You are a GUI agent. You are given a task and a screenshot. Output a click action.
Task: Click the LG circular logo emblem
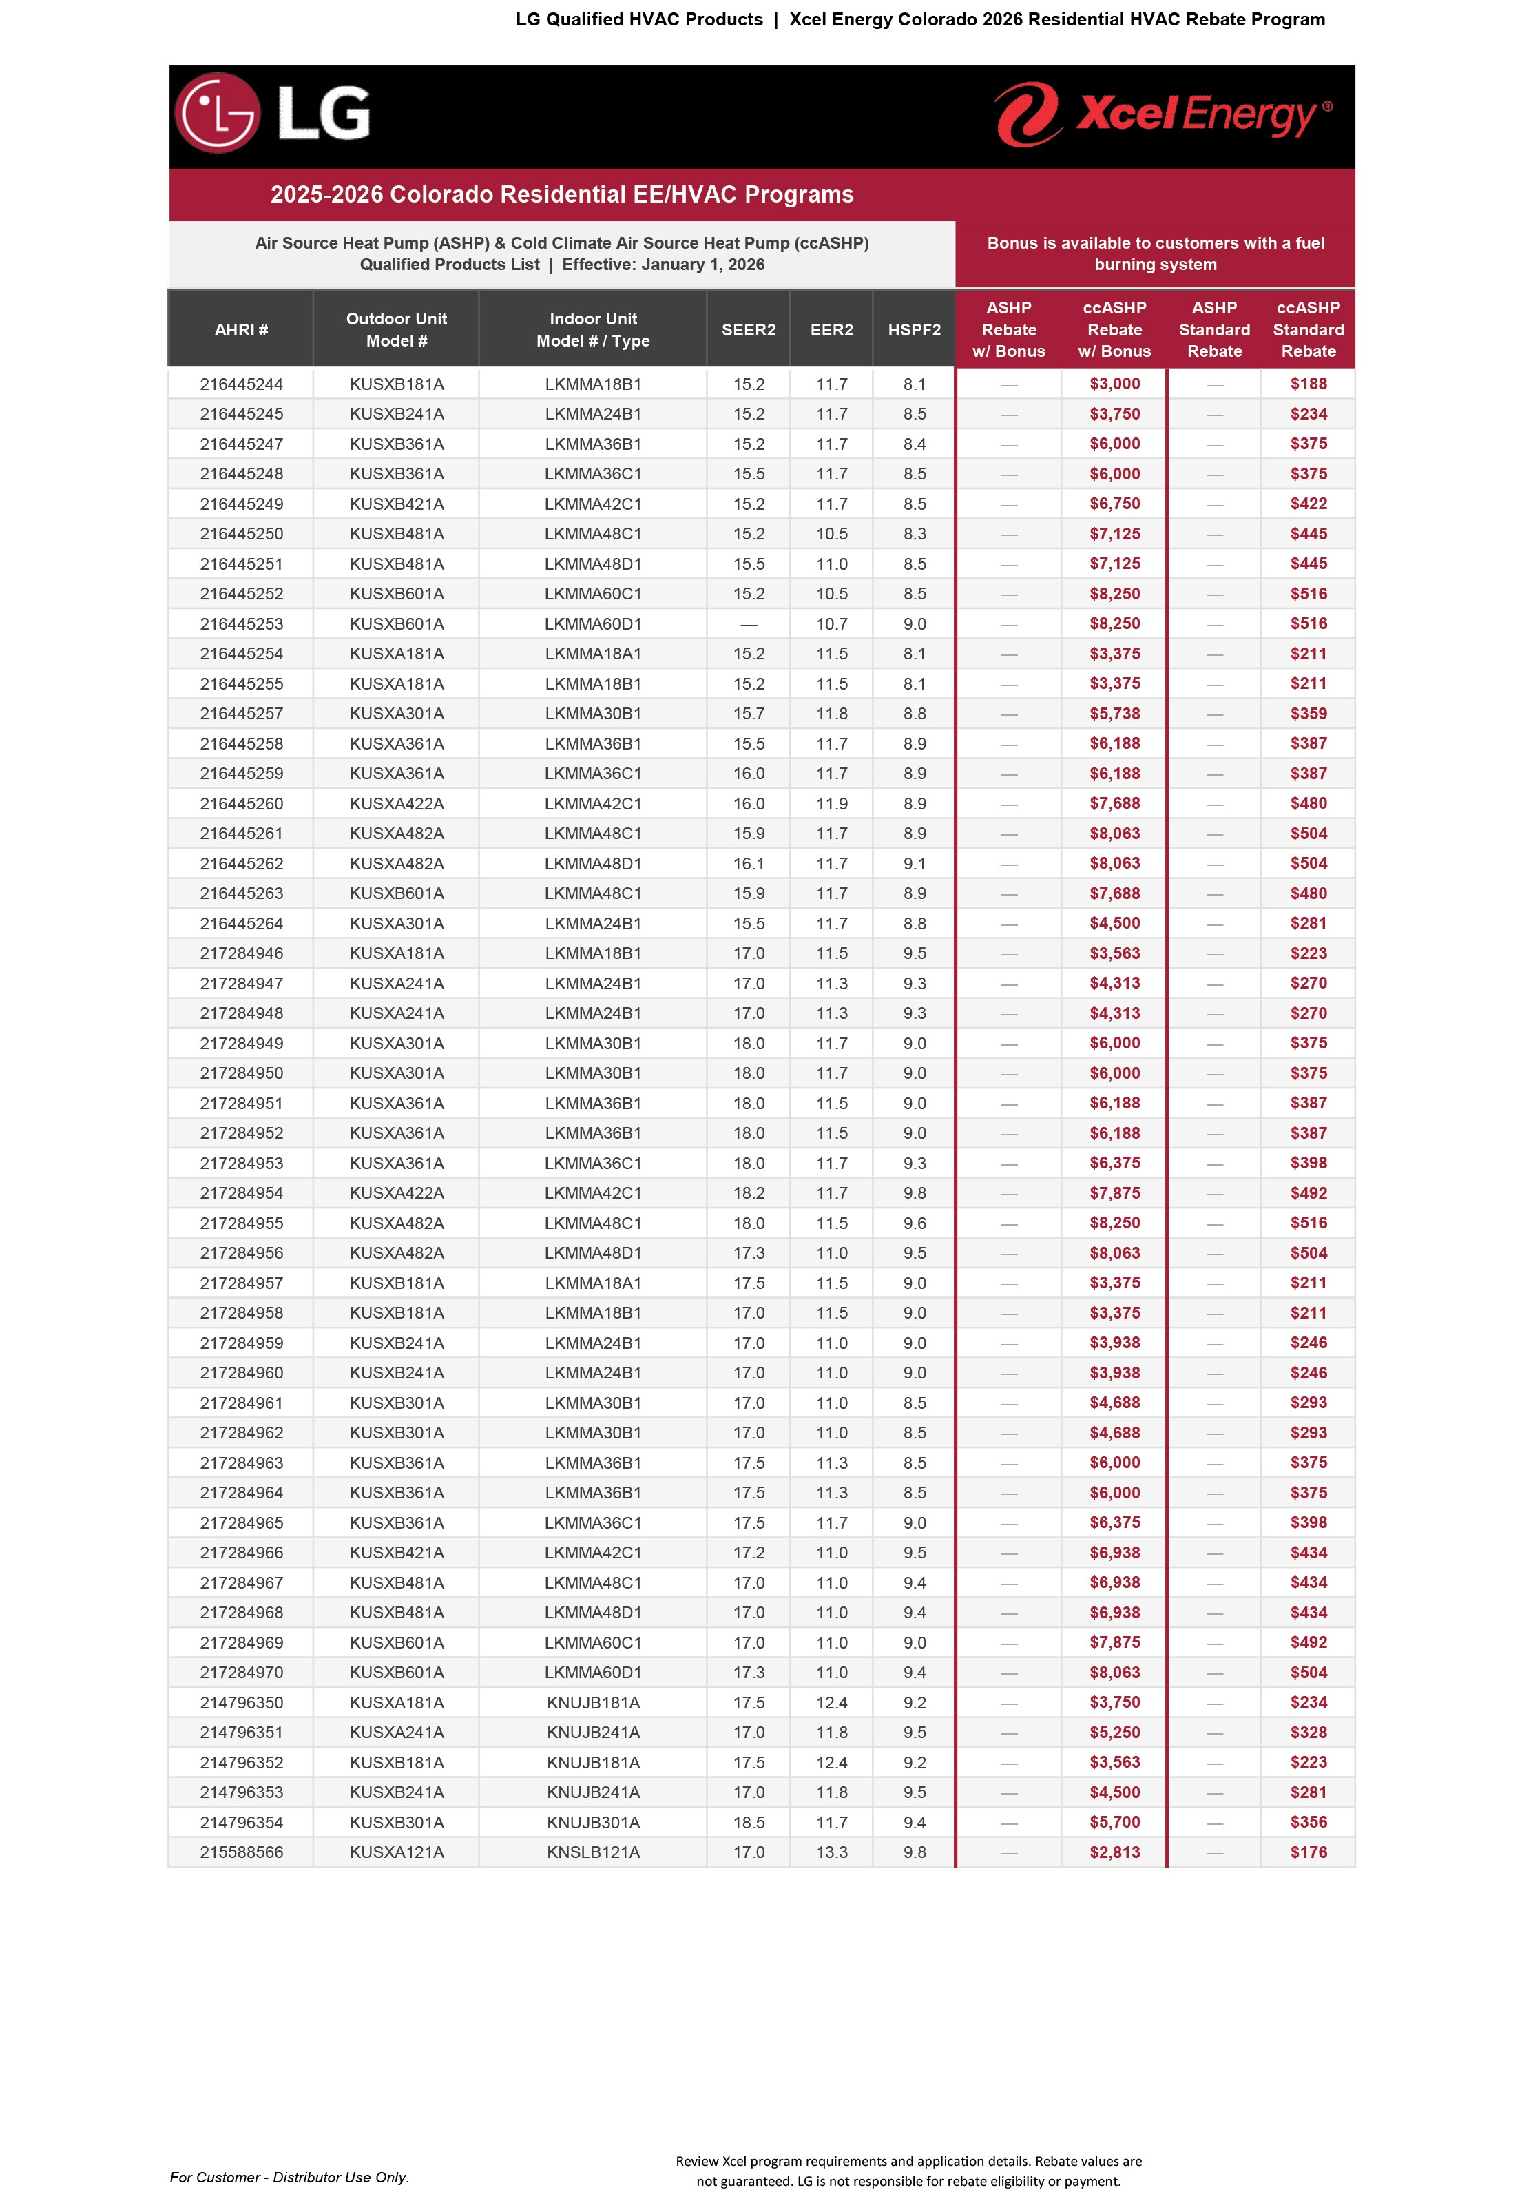218,114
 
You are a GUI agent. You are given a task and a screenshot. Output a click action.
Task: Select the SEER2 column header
749,330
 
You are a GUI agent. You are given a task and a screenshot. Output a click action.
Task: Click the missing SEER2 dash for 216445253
749,625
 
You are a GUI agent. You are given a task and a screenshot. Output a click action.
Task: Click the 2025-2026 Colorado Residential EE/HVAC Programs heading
562,194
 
